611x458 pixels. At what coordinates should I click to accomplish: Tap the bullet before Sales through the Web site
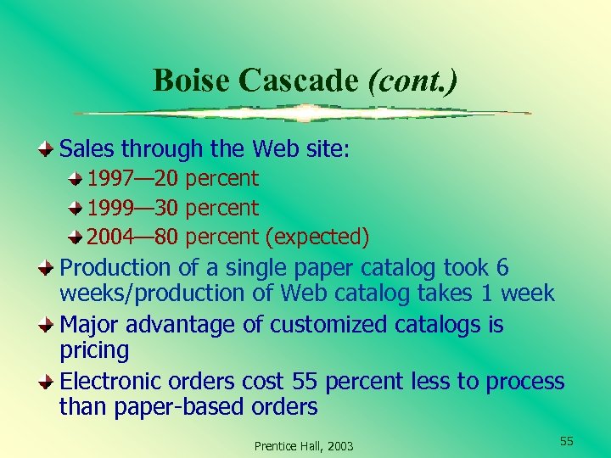point(48,149)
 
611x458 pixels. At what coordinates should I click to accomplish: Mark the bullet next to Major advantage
point(48,325)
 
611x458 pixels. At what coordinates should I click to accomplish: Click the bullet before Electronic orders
point(48,382)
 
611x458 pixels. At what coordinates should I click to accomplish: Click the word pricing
point(94,351)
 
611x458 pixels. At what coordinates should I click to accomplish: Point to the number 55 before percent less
point(305,382)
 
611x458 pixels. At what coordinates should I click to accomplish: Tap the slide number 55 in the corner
point(566,441)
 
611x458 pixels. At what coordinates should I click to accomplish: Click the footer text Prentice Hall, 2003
point(304,446)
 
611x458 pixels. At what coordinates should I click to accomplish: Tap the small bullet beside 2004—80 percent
point(76,237)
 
